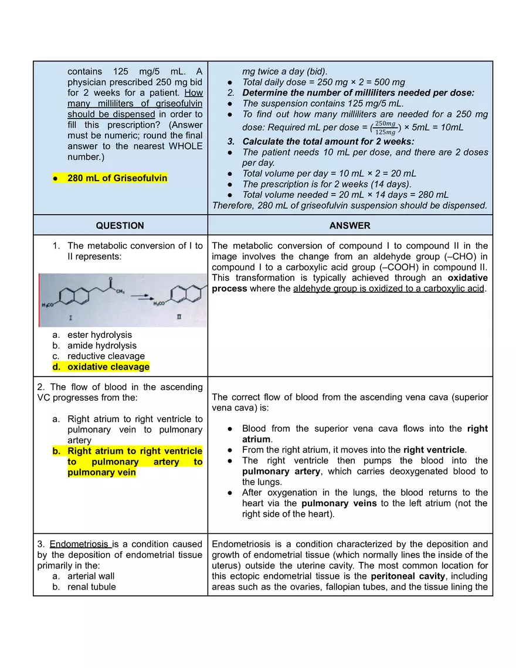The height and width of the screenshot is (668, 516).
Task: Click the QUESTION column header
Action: [x=120, y=225]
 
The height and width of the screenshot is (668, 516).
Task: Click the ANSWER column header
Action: [x=349, y=225]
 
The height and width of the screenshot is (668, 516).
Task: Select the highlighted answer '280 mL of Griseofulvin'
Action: [x=117, y=178]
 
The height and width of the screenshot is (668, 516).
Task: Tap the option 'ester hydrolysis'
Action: [x=99, y=335]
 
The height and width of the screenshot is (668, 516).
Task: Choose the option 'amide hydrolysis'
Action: [x=101, y=345]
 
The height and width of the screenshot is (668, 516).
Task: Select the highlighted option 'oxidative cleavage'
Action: [x=108, y=367]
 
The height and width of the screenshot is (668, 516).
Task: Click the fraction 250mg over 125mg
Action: [x=384, y=127]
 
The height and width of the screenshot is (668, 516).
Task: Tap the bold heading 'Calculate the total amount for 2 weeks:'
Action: [x=328, y=141]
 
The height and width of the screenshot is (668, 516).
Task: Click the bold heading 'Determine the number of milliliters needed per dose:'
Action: [x=358, y=93]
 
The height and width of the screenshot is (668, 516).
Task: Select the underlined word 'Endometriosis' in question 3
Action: [x=80, y=544]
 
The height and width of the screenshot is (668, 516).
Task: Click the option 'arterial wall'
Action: [x=91, y=576]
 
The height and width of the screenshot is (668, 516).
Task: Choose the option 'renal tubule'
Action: [x=91, y=586]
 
